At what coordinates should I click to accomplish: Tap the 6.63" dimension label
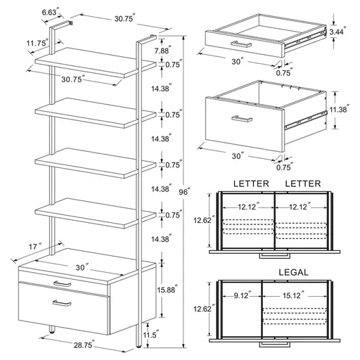point(49,12)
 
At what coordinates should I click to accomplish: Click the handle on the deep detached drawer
point(246,118)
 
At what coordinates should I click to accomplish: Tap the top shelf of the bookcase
point(96,63)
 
